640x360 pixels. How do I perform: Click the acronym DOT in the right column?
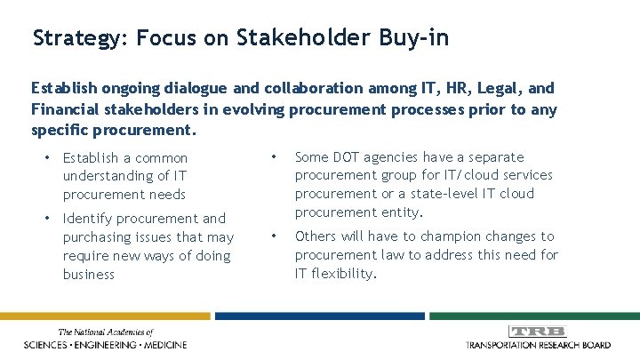(x=346, y=157)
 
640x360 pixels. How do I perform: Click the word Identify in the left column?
(x=85, y=219)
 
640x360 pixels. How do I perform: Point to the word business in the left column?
(x=89, y=275)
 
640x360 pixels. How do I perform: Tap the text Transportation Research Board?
(x=538, y=344)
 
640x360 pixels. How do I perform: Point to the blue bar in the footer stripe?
(x=319, y=315)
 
